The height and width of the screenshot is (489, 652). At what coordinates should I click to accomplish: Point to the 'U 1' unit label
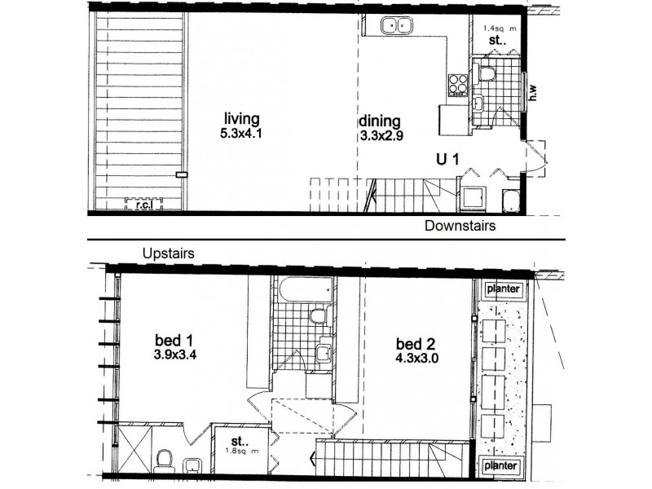click(x=446, y=161)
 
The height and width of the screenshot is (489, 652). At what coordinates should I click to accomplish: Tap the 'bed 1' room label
click(x=171, y=338)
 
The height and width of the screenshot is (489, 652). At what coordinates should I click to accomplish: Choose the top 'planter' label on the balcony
click(x=502, y=289)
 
